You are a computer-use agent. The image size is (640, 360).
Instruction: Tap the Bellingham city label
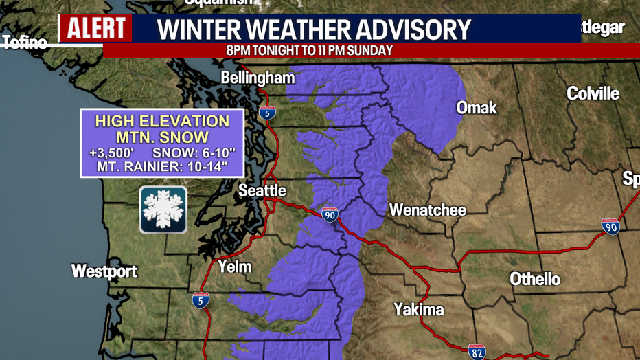(258, 78)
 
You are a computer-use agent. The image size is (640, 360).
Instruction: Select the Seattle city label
(262, 191)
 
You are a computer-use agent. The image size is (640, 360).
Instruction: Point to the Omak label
(477, 108)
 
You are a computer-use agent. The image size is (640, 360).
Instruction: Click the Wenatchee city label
(427, 210)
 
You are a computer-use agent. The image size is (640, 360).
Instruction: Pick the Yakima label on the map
(419, 310)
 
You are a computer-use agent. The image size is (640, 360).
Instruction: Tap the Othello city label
(534, 279)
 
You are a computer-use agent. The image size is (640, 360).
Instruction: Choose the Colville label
(593, 93)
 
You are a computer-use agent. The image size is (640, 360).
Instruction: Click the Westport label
(104, 271)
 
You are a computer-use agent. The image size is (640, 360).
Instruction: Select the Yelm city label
(235, 267)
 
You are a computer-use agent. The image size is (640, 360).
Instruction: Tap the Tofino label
(25, 44)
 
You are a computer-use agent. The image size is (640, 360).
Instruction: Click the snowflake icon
(163, 210)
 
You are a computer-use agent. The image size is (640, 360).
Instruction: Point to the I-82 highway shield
(477, 352)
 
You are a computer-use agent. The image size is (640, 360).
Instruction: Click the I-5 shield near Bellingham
(267, 113)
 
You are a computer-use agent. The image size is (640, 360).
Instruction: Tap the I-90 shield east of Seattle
(330, 214)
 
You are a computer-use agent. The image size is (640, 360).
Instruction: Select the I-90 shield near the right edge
(610, 226)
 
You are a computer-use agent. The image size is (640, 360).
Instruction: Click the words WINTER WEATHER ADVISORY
(314, 30)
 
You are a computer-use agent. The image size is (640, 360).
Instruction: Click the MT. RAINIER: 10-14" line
(162, 166)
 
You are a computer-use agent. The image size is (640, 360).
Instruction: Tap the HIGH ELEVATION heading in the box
(162, 122)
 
